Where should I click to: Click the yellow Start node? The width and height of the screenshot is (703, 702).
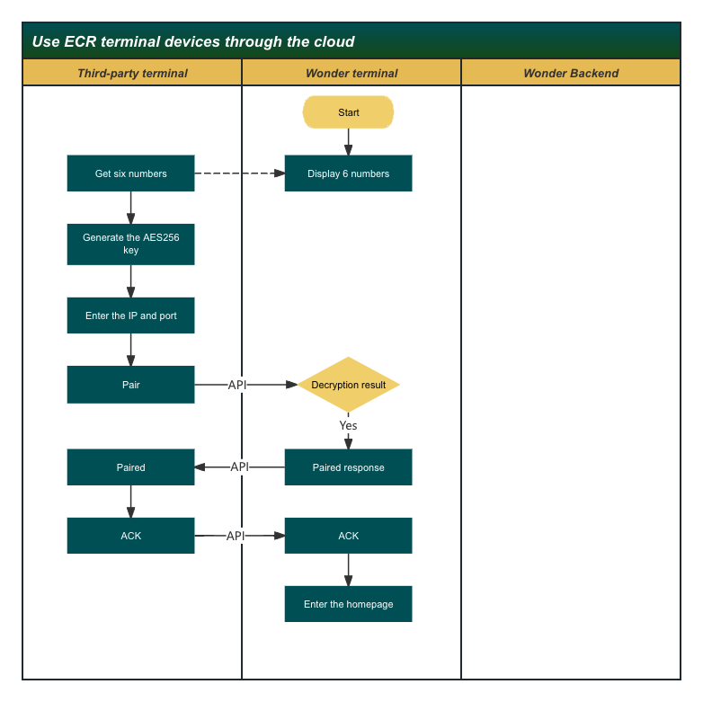click(x=348, y=112)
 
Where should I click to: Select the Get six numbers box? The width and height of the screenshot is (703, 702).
click(x=130, y=173)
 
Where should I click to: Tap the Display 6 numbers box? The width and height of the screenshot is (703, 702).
click(x=348, y=173)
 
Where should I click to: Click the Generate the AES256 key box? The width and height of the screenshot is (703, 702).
click(x=130, y=244)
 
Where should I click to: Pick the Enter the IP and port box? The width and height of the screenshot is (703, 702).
click(x=130, y=315)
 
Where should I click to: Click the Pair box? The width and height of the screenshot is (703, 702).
click(x=130, y=384)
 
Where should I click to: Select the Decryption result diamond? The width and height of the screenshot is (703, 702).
click(x=348, y=385)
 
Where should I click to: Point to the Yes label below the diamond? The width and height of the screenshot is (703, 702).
click(x=348, y=425)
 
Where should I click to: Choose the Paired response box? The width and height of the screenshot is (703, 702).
click(x=348, y=467)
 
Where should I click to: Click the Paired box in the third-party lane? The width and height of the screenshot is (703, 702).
click(x=130, y=467)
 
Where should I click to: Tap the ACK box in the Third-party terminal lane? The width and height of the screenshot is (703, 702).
click(x=130, y=536)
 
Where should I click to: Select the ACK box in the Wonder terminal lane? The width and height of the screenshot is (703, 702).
click(x=348, y=536)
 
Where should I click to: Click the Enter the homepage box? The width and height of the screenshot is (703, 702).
click(x=348, y=604)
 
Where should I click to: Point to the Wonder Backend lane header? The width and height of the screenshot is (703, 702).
click(x=571, y=73)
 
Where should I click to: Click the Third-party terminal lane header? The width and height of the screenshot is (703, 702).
click(x=132, y=73)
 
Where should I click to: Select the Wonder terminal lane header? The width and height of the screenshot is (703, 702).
click(x=351, y=73)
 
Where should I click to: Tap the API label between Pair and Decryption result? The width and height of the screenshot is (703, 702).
click(x=237, y=385)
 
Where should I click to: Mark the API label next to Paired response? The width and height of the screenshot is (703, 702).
click(x=240, y=467)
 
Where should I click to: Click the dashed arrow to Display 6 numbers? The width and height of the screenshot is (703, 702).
click(x=239, y=173)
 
